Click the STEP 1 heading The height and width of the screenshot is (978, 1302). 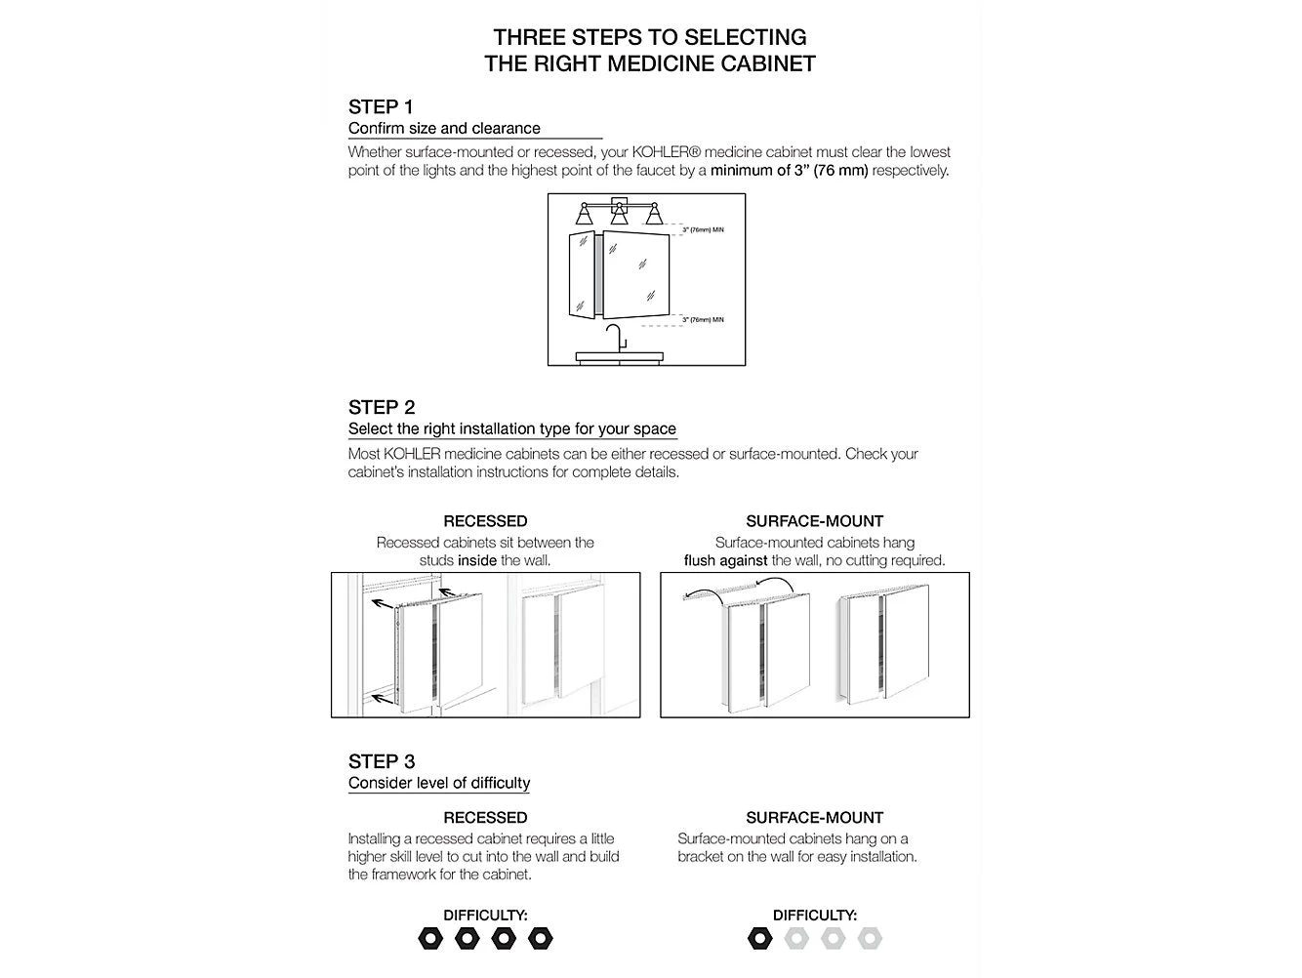tap(381, 106)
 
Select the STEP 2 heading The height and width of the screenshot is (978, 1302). tap(381, 407)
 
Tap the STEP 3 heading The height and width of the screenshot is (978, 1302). tap(381, 761)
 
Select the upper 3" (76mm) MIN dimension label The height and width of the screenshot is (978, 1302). tap(703, 230)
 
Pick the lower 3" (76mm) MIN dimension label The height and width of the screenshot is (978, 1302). tap(703, 320)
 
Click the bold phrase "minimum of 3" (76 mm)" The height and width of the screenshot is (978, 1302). tap(789, 171)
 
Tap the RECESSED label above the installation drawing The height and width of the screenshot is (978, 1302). tap(485, 521)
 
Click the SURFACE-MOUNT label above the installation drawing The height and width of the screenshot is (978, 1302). tap(814, 521)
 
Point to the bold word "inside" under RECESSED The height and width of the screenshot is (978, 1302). tap(477, 561)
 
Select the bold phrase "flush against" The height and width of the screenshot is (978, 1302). tap(725, 561)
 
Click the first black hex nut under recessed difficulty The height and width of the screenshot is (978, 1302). tap(430, 939)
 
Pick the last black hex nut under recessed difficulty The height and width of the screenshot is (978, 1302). tap(540, 939)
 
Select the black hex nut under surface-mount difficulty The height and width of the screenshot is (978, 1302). tap(759, 939)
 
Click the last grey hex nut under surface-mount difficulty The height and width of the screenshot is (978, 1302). tap(870, 939)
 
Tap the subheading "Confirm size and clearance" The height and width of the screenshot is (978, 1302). tap(444, 129)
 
